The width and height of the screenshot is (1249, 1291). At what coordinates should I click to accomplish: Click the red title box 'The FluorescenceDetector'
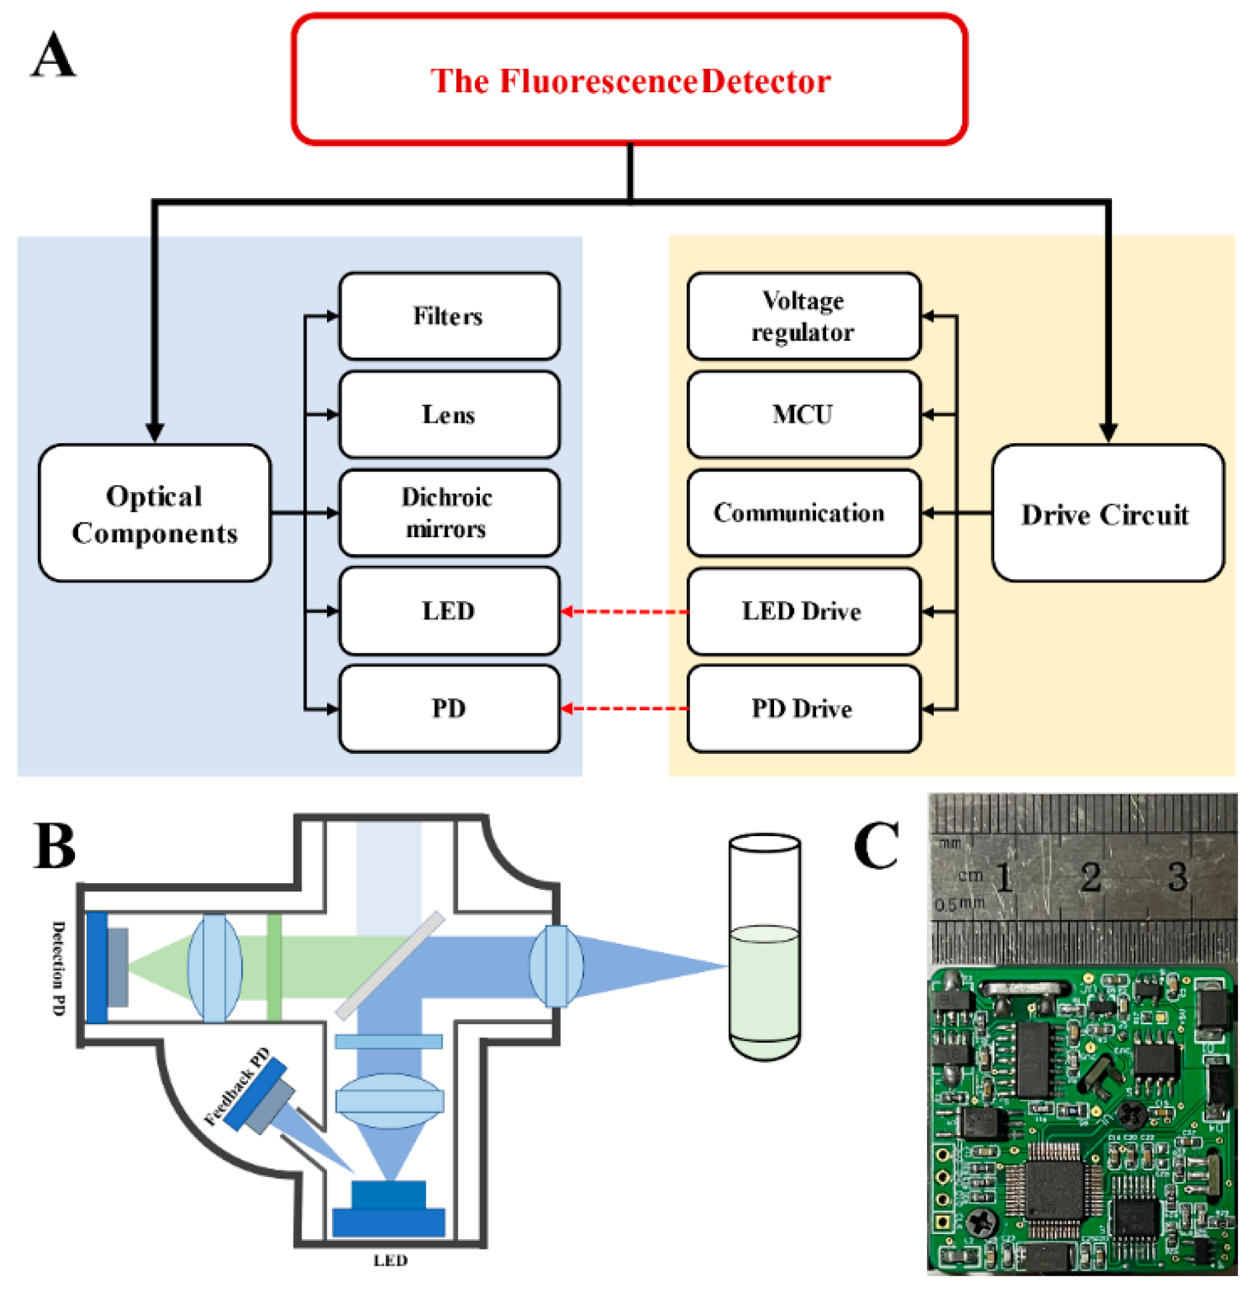pos(629,80)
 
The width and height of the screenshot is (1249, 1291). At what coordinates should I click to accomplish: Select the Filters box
pos(449,316)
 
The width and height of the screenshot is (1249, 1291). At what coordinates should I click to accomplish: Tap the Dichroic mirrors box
pos(449,512)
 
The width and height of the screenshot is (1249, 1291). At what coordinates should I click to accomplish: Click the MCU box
pos(803,414)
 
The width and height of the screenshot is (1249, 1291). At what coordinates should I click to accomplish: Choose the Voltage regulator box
pos(803,316)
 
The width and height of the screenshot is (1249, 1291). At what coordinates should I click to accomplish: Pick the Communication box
pos(803,512)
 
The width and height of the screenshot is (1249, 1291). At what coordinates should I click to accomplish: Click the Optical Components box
pos(154,513)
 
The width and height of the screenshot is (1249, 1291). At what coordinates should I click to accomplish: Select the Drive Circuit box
pos(1107,513)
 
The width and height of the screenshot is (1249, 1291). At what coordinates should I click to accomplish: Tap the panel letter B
pos(54,847)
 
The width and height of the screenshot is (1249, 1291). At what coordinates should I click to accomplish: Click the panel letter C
pos(876,845)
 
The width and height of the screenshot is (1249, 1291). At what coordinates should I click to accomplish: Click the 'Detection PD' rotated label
pos(59,967)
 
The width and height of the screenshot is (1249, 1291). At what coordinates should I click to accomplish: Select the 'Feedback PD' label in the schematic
pos(237,1087)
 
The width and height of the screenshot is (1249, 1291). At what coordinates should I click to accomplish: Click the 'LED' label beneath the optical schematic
pos(390,1261)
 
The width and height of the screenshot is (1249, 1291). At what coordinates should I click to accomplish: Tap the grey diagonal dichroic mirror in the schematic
pos(390,965)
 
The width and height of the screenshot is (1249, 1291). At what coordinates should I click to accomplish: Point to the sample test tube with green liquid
pos(765,949)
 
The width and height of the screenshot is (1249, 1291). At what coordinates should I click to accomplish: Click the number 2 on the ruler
pos(1092,877)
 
